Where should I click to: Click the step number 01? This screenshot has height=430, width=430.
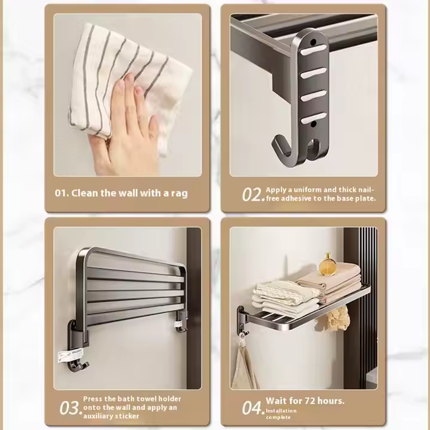tap(61, 193)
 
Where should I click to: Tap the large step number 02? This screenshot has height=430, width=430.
tap(253, 195)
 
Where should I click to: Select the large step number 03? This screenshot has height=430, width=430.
tap(71, 408)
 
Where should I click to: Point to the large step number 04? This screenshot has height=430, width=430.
tap(253, 408)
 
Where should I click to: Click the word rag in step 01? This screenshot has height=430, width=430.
tap(180, 193)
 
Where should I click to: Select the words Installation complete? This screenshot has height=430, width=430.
tap(281, 414)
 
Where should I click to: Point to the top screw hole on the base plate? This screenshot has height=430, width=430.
tap(313, 42)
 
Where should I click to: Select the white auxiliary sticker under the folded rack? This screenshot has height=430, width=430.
tap(69, 356)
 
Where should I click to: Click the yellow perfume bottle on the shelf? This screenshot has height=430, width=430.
tap(328, 264)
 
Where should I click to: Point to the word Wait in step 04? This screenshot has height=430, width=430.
tap(276, 401)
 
